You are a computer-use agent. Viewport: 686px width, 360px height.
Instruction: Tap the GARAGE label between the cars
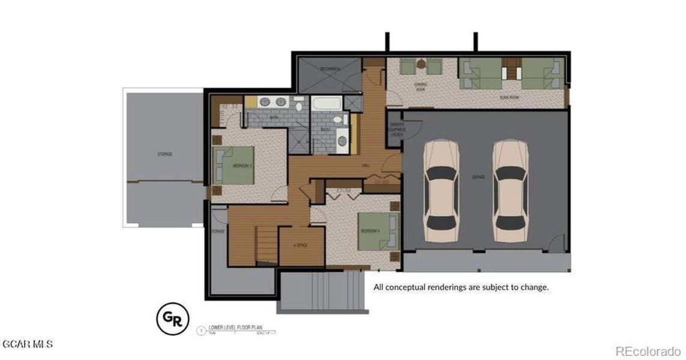pyautogui.click(x=478, y=178)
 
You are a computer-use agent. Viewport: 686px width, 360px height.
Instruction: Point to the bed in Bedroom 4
pyautogui.click(x=376, y=231)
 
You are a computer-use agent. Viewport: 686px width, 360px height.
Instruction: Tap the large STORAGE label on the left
pyautogui.click(x=164, y=154)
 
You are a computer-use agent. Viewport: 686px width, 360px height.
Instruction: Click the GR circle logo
pyautogui.click(x=172, y=319)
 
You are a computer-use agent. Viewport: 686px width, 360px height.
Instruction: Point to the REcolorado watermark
pyautogui.click(x=648, y=350)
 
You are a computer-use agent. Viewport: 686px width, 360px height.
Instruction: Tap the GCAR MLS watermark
pyautogui.click(x=28, y=344)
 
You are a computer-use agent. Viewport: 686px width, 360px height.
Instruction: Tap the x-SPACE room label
pyautogui.click(x=300, y=245)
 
